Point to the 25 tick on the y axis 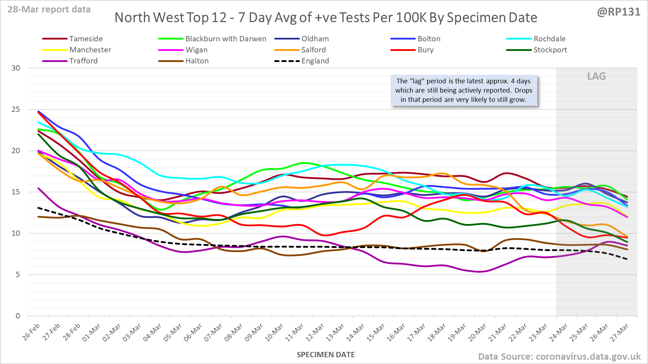point(16,109)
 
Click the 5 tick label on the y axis point(17,275)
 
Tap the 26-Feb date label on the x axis point(31,332)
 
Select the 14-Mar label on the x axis point(355,332)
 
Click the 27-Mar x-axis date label point(620,332)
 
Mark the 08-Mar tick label point(234,332)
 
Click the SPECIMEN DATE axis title point(326,355)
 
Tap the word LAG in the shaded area point(596,76)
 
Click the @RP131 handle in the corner point(618,12)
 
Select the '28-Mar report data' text point(49,10)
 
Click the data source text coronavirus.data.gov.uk point(559,357)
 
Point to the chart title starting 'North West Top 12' point(326,17)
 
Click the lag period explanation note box point(464,90)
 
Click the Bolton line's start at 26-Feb point(38,111)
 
